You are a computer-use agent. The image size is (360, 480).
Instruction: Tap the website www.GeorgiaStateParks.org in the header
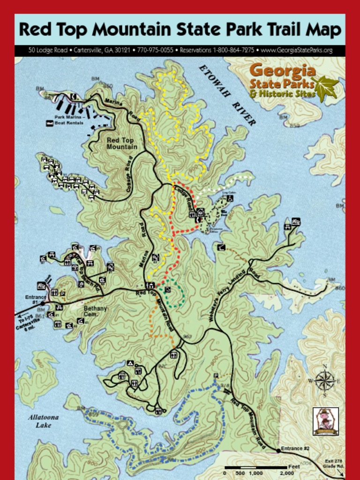tap(296, 50)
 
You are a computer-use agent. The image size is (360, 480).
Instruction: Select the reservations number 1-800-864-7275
tap(217, 50)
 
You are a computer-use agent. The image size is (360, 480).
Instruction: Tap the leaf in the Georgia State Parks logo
tap(326, 88)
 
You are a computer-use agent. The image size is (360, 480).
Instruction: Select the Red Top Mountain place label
tap(121, 143)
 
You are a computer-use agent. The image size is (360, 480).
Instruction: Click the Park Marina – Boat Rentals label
tap(68, 120)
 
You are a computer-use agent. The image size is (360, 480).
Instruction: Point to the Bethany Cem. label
tap(95, 311)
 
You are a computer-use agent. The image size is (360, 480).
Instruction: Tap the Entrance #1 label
tap(36, 300)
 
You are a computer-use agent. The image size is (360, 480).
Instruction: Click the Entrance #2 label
tap(295, 449)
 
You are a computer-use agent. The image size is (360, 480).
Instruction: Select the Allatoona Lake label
tap(43, 421)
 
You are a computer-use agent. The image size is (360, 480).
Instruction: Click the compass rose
tap(325, 380)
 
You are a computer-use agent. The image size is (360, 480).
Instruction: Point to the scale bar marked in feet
tap(255, 468)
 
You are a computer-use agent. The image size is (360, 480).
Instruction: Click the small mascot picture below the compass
tap(325, 421)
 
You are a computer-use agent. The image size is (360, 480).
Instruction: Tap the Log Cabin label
tap(228, 192)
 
